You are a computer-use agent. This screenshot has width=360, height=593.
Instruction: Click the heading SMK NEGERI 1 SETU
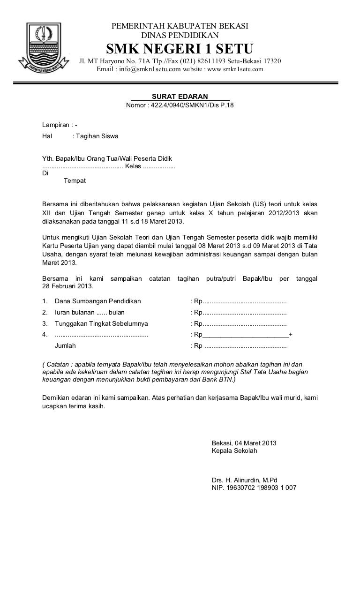[x=180, y=48]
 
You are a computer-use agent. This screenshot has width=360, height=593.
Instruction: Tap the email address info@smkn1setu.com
[x=150, y=70]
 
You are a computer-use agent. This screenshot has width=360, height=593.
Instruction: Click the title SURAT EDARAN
[x=180, y=97]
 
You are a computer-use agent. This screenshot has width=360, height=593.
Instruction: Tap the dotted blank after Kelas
[x=158, y=167]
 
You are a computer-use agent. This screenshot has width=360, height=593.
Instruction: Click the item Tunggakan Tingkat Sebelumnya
[x=101, y=323]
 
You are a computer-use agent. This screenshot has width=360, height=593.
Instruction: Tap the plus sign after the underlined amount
[x=291, y=334]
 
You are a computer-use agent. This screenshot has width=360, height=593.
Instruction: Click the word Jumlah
[x=65, y=346]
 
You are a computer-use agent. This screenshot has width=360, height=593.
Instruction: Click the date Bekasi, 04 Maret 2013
[x=244, y=443]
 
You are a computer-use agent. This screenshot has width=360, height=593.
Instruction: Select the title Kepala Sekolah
[x=234, y=451]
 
